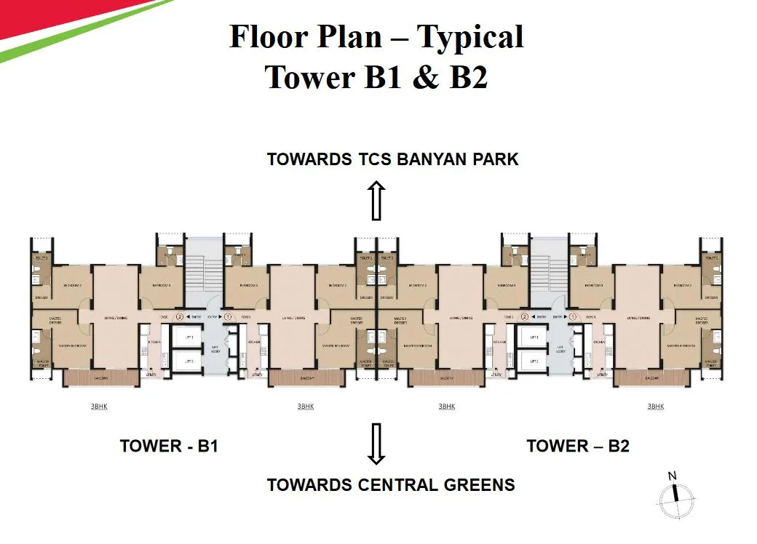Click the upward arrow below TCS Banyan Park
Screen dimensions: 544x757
pyautogui.click(x=376, y=201)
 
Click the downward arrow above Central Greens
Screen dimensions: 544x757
pyautogui.click(x=376, y=444)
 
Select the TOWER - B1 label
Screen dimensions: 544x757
pyautogui.click(x=169, y=446)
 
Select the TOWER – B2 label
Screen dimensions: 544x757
pyautogui.click(x=578, y=446)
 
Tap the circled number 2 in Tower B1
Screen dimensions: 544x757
pyautogui.click(x=180, y=316)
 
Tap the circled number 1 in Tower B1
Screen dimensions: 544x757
pyautogui.click(x=228, y=316)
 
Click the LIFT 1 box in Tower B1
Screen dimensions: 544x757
pyautogui.click(x=189, y=337)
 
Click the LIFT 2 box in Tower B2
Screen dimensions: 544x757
pyautogui.click(x=534, y=361)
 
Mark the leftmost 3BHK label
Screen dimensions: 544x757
pyautogui.click(x=99, y=407)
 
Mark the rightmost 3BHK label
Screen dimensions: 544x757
pyautogui.click(x=656, y=407)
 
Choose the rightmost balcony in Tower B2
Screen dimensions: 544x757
pyautogui.click(x=651, y=378)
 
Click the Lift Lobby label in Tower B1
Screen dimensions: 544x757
pyautogui.click(x=215, y=349)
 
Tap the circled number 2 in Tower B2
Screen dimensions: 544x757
pyautogui.click(x=524, y=316)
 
